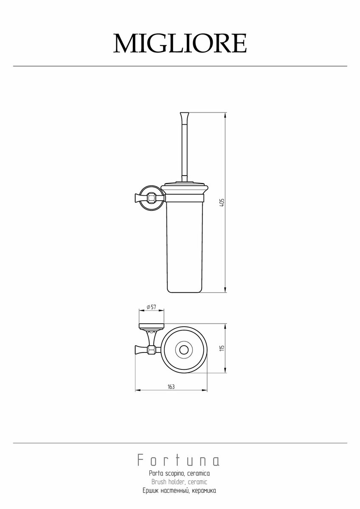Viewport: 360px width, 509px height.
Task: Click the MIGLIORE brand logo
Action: pyautogui.click(x=180, y=43)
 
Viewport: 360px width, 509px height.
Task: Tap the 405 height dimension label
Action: pyautogui.click(x=222, y=202)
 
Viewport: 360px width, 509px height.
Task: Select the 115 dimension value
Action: pyautogui.click(x=222, y=348)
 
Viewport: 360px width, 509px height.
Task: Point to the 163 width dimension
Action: pyautogui.click(x=171, y=386)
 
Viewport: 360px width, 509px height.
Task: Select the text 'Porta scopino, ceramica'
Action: pyautogui.click(x=179, y=473)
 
